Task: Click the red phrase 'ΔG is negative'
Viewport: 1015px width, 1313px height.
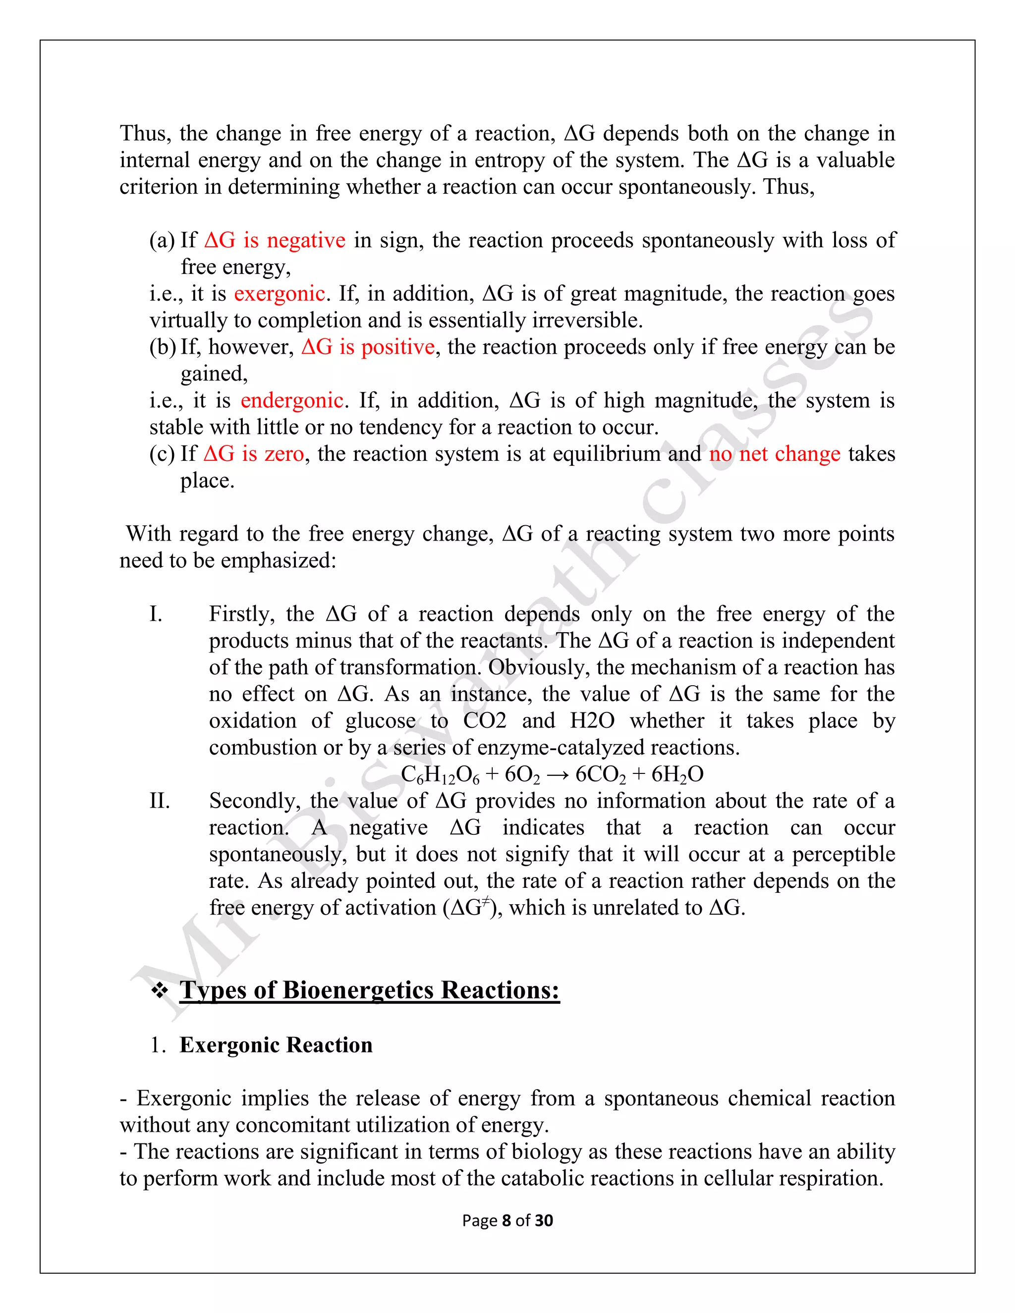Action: pos(275,240)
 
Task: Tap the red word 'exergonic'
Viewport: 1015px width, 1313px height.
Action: pos(280,294)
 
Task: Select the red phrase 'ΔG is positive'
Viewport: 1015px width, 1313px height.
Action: pos(368,347)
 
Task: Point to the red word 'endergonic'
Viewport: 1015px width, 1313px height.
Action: pos(292,400)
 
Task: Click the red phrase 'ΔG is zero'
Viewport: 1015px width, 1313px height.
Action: pos(254,454)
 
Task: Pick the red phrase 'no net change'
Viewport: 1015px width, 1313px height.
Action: pos(775,454)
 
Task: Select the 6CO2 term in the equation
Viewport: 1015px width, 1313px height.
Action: pos(600,775)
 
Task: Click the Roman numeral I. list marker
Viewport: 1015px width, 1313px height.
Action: pos(156,614)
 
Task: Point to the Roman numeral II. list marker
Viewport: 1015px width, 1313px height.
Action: pos(160,801)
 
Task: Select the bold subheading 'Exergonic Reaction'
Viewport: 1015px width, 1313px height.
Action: pos(276,1045)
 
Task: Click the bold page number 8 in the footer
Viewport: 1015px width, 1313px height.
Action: pos(507,1220)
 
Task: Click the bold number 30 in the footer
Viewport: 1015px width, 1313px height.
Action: pos(544,1220)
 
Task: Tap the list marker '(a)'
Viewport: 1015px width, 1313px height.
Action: pos(163,240)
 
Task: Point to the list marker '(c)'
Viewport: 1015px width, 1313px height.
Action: pos(163,454)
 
